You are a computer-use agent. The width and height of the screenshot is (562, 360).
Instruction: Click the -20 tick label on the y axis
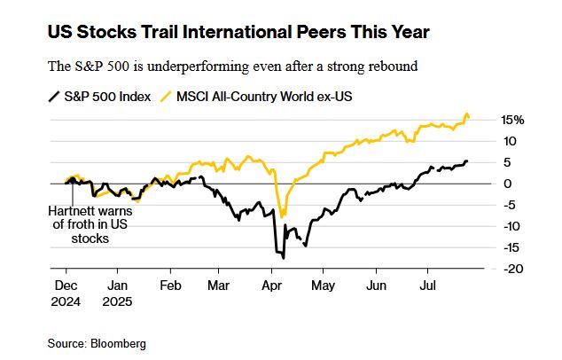pyautogui.click(x=512, y=269)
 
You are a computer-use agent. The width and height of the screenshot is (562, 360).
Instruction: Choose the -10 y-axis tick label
pyautogui.click(x=512, y=226)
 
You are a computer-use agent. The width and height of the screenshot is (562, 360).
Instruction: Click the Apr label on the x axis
pyautogui.click(x=272, y=286)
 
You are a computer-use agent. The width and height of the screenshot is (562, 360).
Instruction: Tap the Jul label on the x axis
pyautogui.click(x=427, y=286)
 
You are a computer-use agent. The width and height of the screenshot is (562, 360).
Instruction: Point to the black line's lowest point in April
pyautogui.click(x=283, y=257)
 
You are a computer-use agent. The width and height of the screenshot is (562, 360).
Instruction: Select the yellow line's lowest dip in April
pyautogui.click(x=282, y=215)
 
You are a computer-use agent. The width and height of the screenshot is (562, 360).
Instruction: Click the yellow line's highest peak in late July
pyautogui.click(x=467, y=114)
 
